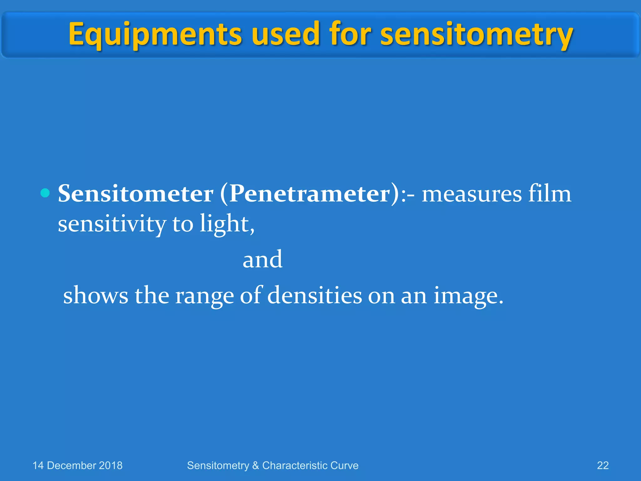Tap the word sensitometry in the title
[x=476, y=34]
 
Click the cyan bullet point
[x=45, y=193]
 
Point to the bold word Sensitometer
[x=136, y=194]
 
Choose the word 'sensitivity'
[x=112, y=224]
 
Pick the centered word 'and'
[x=263, y=260]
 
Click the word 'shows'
[x=95, y=295]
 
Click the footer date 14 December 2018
[x=77, y=465]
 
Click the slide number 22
[x=603, y=465]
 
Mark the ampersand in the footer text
[x=256, y=466]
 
